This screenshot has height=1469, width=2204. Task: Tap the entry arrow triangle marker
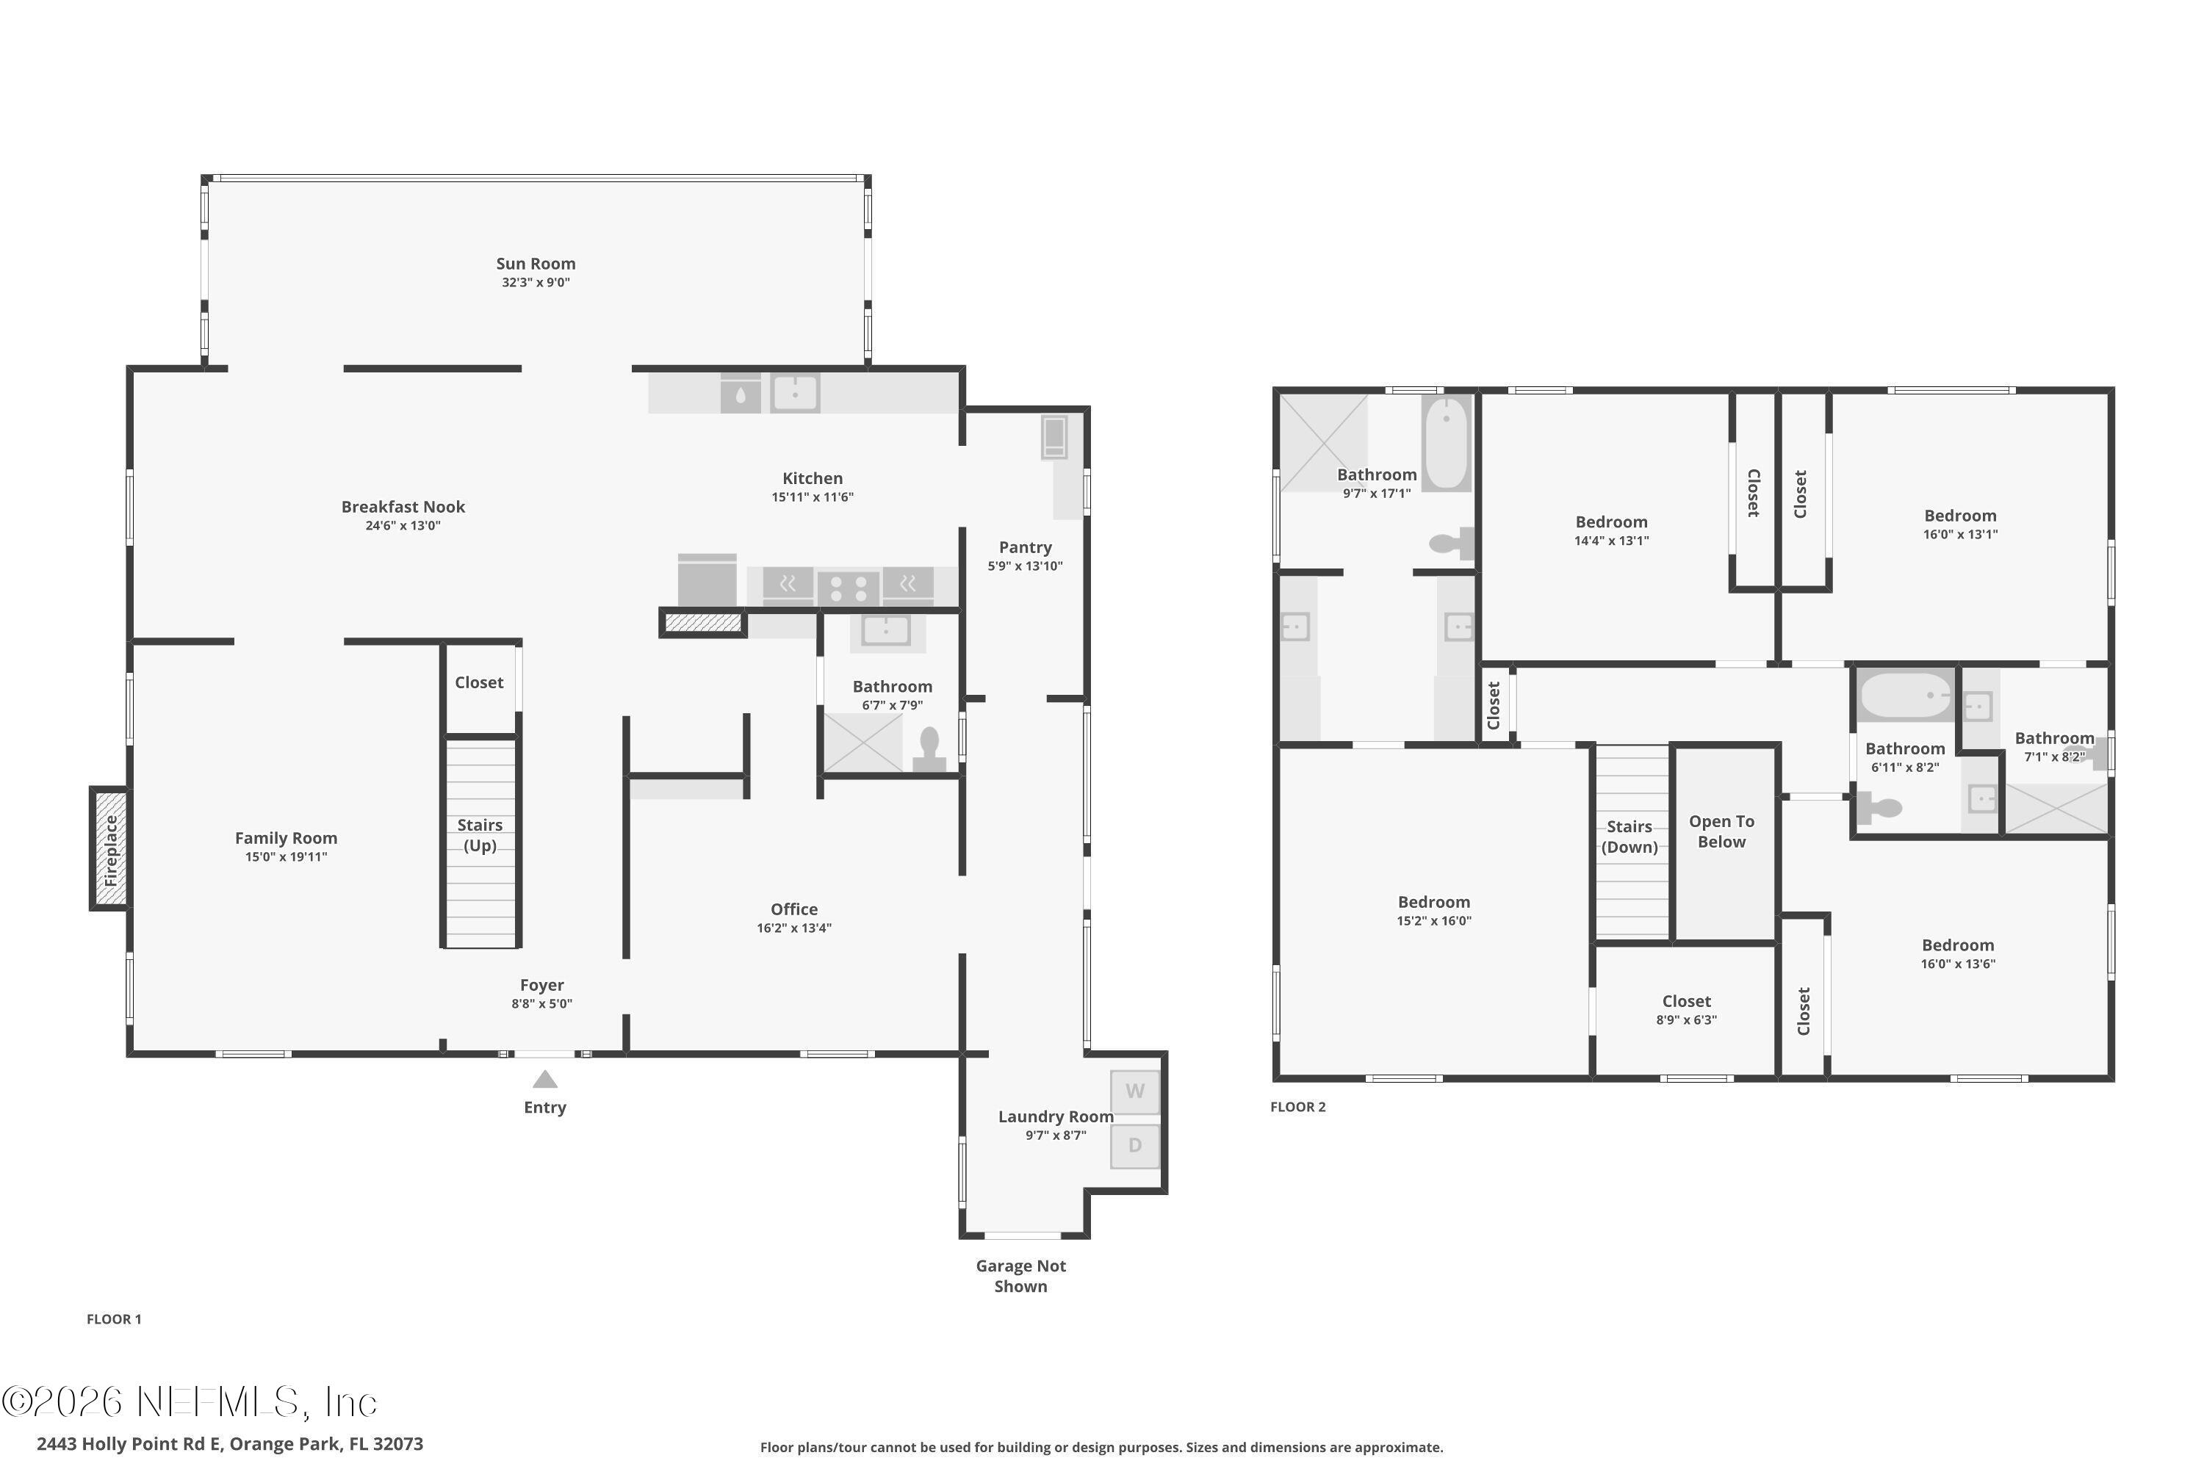(544, 1080)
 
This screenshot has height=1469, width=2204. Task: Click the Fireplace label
(111, 850)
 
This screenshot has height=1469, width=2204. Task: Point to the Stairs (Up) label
(480, 834)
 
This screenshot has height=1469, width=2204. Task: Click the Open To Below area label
(1721, 831)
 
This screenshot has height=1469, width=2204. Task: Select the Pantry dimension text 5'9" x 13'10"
(1024, 566)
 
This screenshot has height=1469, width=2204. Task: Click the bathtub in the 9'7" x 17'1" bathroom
(1446, 442)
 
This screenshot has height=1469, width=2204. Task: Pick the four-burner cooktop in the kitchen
(847, 588)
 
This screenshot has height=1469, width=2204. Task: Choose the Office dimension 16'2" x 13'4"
(793, 928)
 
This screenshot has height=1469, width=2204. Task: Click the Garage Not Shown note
(1020, 1276)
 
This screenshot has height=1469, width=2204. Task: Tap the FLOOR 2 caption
(1298, 1106)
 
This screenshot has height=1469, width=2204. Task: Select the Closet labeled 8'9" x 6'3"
(1686, 1002)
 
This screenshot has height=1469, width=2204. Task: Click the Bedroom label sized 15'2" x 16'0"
(1434, 902)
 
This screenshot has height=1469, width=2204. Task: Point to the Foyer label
(541, 986)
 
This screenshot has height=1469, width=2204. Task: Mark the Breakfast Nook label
(403, 507)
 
